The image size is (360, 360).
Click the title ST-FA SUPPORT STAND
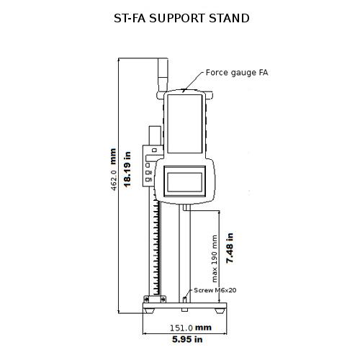(181, 17)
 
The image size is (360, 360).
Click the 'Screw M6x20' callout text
(215, 289)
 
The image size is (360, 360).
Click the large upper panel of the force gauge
(185, 126)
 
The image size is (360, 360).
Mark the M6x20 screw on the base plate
(186, 297)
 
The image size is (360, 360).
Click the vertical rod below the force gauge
(186, 252)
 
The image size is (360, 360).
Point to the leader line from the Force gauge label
(195, 81)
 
